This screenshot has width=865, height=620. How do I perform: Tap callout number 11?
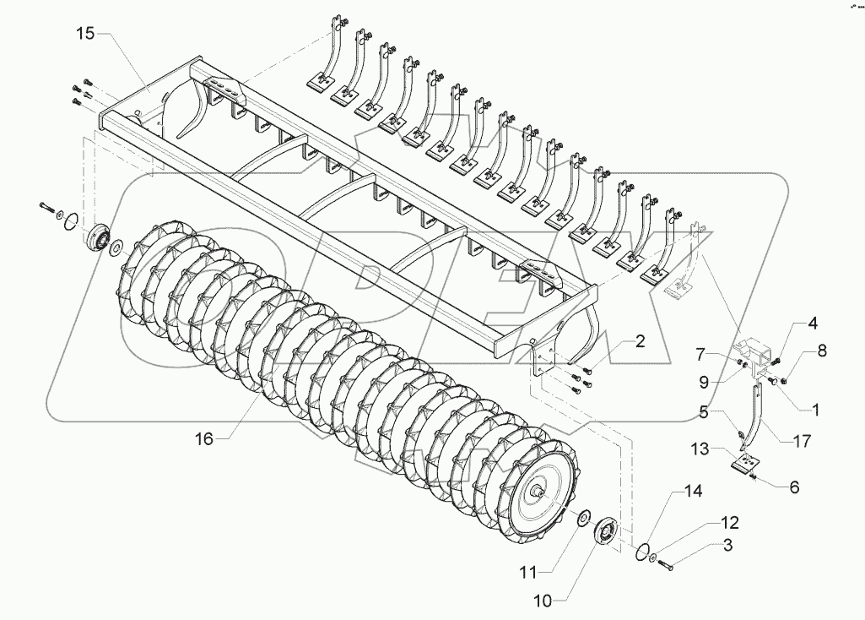(527, 573)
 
